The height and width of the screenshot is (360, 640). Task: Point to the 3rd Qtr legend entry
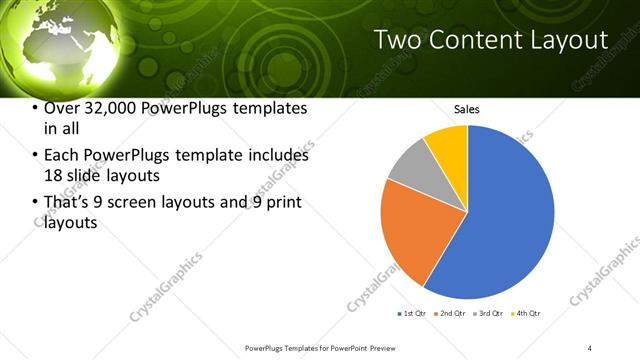(x=488, y=314)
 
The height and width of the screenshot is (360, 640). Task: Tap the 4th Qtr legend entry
(x=526, y=314)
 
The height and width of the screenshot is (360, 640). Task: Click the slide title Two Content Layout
(x=490, y=40)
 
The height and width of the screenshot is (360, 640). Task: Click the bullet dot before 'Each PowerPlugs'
(x=36, y=156)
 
